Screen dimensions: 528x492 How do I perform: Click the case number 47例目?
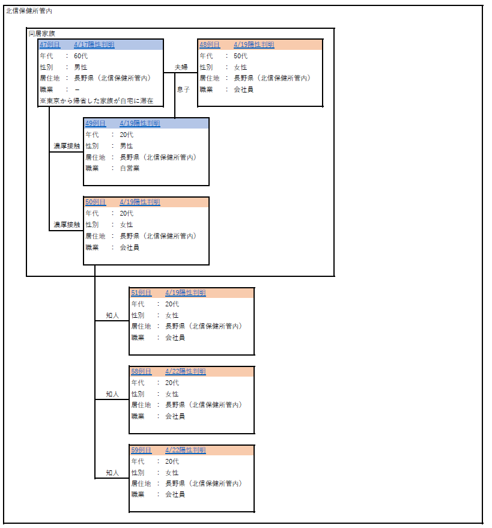pos(50,45)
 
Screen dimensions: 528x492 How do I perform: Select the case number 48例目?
pos(210,45)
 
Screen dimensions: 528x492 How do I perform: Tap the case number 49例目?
pos(96,124)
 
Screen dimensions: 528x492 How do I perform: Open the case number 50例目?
pos(96,202)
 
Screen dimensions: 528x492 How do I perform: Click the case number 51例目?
pos(141,293)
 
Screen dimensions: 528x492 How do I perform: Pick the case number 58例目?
pos(141,372)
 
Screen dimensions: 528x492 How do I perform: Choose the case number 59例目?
pos(141,451)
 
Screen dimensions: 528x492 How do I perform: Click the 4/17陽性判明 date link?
pos(94,45)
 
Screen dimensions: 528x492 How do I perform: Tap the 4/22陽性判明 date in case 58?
pos(186,372)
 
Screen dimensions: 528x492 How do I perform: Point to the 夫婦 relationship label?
pos(181,67)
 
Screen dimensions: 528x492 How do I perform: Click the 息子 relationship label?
pos(183,90)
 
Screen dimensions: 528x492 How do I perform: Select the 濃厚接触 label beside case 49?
pos(67,146)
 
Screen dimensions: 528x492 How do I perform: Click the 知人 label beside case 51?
pos(112,315)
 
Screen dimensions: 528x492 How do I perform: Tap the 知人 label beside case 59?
pos(112,473)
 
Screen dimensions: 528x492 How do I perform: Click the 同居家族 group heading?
pos(41,34)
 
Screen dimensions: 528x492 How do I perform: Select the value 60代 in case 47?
pos(81,56)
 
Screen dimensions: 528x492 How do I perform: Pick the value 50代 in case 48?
pos(240,56)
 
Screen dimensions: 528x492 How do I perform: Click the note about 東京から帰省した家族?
pos(96,101)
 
